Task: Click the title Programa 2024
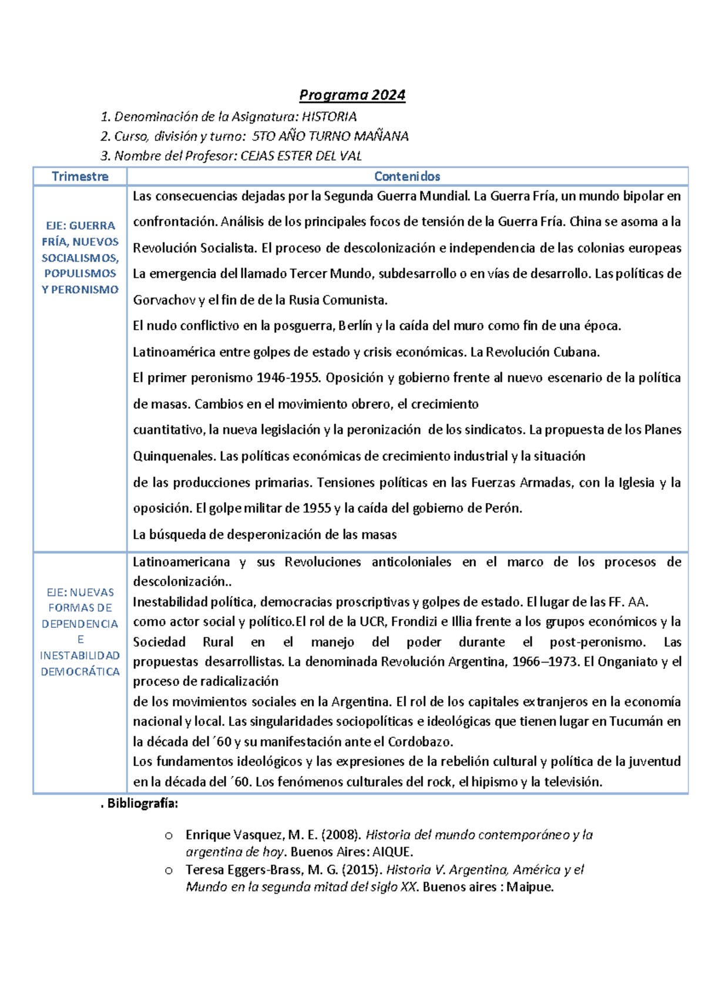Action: tap(352, 95)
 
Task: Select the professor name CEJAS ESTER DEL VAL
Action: tap(301, 156)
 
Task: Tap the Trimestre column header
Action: tap(80, 176)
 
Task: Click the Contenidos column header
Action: tap(407, 176)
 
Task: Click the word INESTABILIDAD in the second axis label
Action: tap(80, 655)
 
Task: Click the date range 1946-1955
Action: tap(288, 377)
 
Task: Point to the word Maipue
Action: tap(529, 886)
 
